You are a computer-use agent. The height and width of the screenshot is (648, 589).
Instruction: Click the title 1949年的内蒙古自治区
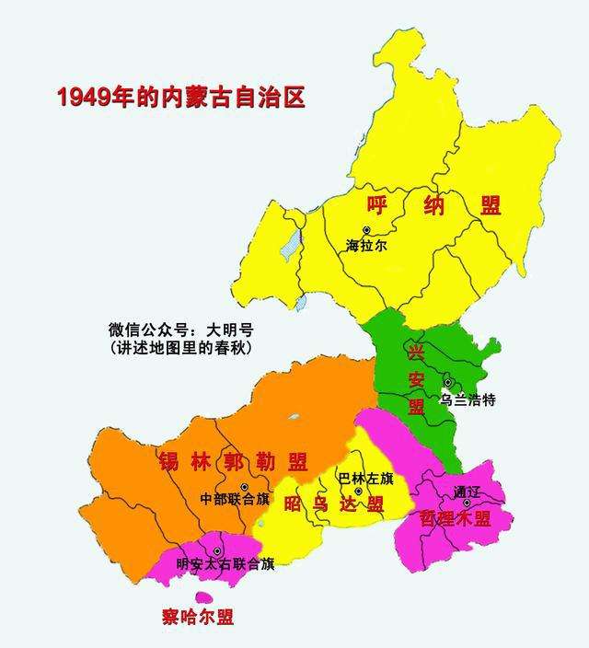pyautogui.click(x=180, y=98)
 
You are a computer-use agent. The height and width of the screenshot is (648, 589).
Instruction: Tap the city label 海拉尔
pyautogui.click(x=367, y=246)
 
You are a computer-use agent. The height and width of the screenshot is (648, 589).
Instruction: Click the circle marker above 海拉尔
pyautogui.click(x=367, y=230)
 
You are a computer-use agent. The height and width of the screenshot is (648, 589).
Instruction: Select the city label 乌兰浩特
pyautogui.click(x=468, y=399)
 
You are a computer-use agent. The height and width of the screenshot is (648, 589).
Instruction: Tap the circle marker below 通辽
pyautogui.click(x=468, y=503)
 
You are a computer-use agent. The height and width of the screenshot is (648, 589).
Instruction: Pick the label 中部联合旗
pyautogui.click(x=235, y=500)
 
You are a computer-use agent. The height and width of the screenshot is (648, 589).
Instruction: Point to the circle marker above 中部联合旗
pyautogui.click(x=244, y=486)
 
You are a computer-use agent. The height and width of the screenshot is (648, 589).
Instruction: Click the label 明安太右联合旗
pyautogui.click(x=225, y=564)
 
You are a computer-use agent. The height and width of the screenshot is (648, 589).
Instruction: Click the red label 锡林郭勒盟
pyautogui.click(x=232, y=461)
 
